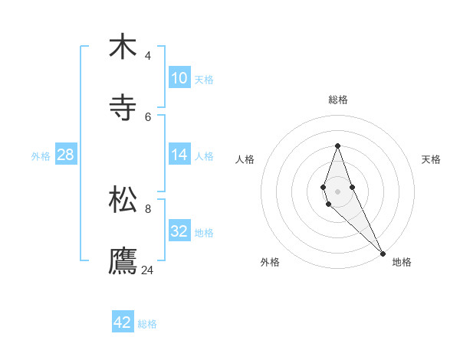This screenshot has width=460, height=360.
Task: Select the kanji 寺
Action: click(x=123, y=108)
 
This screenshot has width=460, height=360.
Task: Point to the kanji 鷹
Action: click(x=123, y=260)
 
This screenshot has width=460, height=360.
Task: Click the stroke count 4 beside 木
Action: click(x=148, y=55)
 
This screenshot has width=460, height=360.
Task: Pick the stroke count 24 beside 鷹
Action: click(x=148, y=270)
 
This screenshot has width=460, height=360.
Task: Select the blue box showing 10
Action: click(x=179, y=77)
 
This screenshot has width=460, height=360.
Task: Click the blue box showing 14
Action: click(x=179, y=154)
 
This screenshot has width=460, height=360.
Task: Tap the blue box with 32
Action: click(x=179, y=231)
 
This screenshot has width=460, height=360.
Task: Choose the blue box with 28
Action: click(x=66, y=154)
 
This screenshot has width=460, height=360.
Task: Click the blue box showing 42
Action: click(x=123, y=322)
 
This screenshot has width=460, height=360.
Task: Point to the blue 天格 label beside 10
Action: click(x=204, y=79)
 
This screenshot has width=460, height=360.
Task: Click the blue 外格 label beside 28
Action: click(x=41, y=155)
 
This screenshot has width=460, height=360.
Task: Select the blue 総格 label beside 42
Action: click(x=147, y=324)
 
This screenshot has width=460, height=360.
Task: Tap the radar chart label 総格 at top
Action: click(x=338, y=100)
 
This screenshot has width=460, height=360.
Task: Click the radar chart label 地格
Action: click(x=402, y=262)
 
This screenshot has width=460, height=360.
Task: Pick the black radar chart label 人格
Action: click(x=245, y=159)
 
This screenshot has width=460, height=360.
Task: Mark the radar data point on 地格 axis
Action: click(x=383, y=253)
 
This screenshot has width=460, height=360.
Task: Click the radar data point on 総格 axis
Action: click(x=337, y=146)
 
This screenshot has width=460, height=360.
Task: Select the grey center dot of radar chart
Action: click(x=337, y=191)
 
